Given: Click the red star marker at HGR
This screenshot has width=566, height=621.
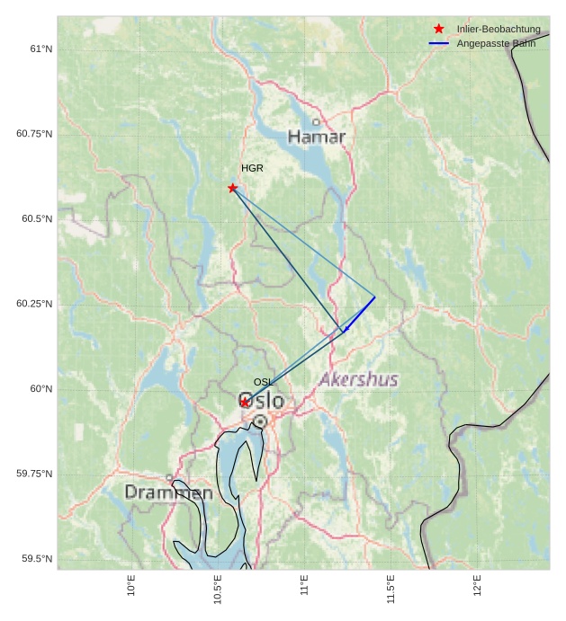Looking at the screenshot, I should (x=233, y=188).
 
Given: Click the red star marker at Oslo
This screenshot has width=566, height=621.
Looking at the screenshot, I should (x=245, y=402).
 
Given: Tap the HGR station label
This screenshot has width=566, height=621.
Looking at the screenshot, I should (x=252, y=168).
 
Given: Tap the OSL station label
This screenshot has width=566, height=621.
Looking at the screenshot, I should (x=264, y=382).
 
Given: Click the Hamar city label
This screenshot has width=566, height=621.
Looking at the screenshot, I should (x=317, y=137).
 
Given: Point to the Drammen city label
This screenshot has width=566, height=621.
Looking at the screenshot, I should (x=168, y=492).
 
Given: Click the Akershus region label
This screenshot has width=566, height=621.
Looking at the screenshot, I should (x=358, y=379).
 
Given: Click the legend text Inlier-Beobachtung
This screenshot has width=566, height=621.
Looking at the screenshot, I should (x=499, y=29).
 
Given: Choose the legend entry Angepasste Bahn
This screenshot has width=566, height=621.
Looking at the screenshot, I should (x=496, y=43).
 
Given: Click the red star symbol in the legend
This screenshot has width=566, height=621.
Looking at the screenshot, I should (x=439, y=29).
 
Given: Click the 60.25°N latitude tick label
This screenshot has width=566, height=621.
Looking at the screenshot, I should (x=34, y=304).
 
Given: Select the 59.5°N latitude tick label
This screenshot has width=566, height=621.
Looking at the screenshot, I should (x=37, y=559).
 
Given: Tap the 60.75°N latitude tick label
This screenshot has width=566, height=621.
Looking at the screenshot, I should (x=34, y=134).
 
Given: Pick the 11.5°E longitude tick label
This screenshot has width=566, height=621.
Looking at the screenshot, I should (x=391, y=589).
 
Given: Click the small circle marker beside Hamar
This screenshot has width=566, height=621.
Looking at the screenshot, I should (x=316, y=121).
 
